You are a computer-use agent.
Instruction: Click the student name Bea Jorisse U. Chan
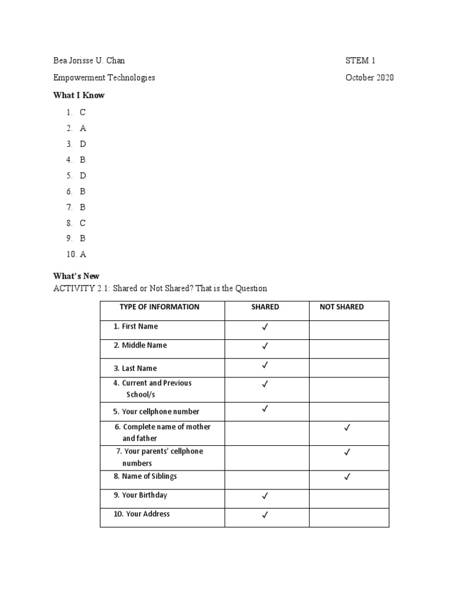click(x=89, y=61)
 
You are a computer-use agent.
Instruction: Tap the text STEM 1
click(x=360, y=61)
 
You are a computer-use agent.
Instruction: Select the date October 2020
click(x=370, y=78)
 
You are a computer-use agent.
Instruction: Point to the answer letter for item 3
click(x=83, y=144)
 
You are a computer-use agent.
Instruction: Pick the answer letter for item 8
click(x=83, y=223)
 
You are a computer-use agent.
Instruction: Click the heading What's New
click(x=77, y=276)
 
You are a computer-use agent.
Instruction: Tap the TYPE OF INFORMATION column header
click(x=159, y=307)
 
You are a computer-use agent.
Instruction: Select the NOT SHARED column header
click(x=341, y=307)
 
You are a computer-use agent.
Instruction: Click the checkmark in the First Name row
click(x=265, y=327)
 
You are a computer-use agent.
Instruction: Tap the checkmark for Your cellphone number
click(x=265, y=408)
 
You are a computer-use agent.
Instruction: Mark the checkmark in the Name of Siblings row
click(x=347, y=477)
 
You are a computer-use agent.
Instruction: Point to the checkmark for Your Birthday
click(x=265, y=496)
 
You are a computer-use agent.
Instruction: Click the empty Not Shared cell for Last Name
click(x=349, y=368)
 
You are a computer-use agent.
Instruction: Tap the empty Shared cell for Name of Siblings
click(x=267, y=479)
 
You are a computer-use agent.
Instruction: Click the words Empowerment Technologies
click(x=104, y=78)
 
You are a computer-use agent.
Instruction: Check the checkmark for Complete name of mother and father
click(x=347, y=429)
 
